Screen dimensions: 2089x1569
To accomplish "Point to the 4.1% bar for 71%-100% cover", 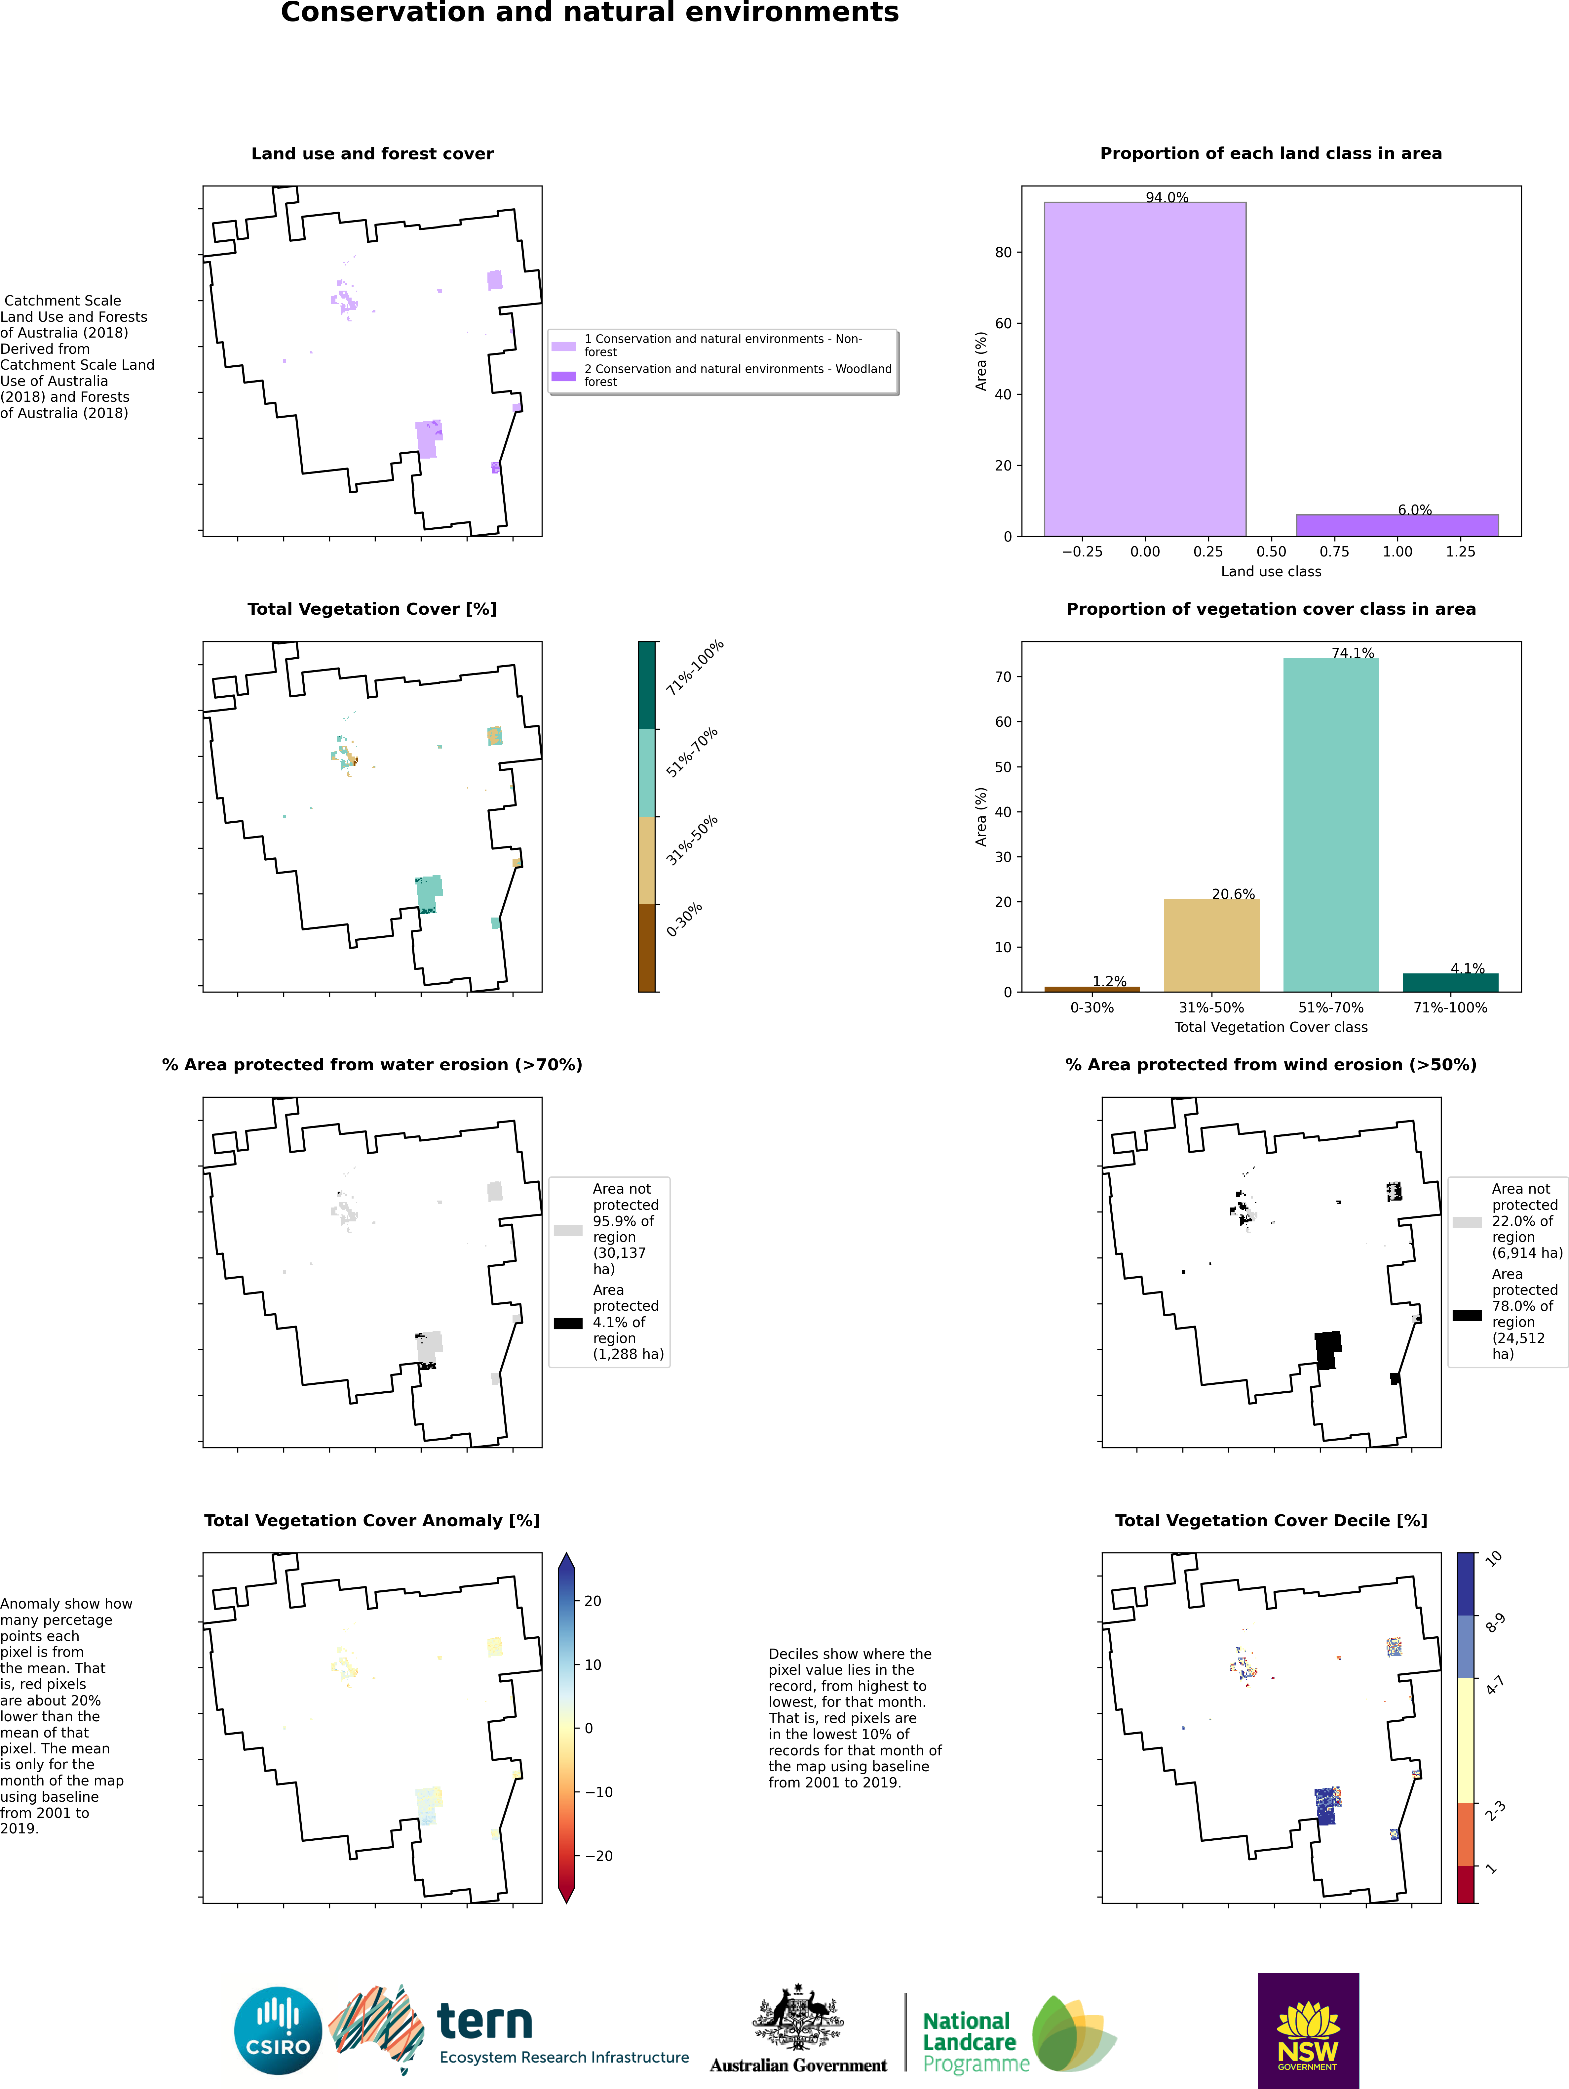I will point(1450,982).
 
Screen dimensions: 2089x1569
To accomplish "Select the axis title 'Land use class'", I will point(1271,571).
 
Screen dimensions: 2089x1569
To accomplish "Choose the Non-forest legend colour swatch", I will point(564,346).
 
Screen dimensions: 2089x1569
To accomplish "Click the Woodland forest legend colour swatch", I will point(564,376).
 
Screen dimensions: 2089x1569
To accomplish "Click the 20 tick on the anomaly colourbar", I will point(593,1601).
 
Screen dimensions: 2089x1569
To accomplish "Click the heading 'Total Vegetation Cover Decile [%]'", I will point(1271,1521).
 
